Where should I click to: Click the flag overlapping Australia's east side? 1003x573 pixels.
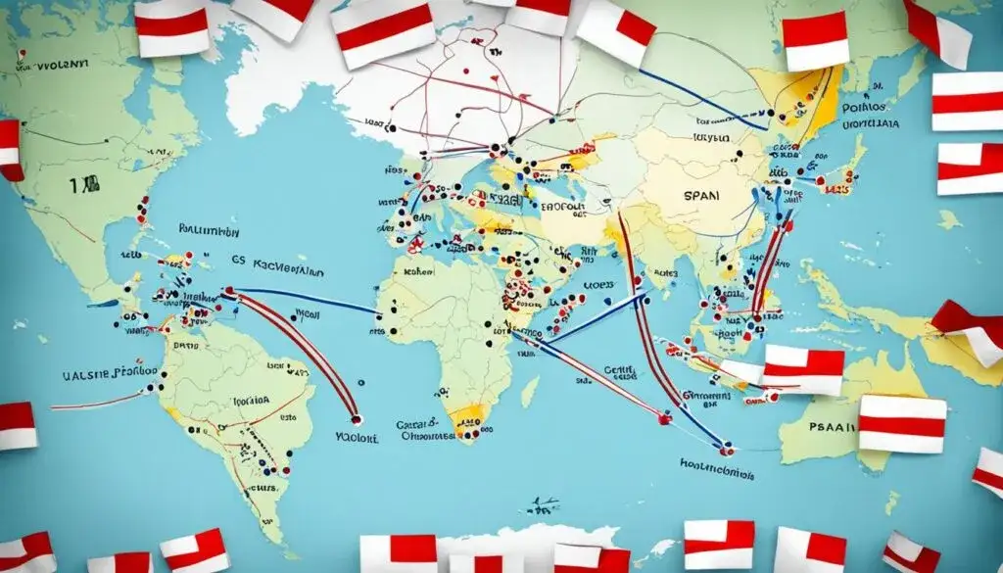[902, 423]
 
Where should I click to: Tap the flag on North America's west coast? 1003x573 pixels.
[11, 148]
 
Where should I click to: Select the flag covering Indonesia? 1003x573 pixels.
[803, 368]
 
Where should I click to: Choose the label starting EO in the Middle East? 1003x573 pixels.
[560, 208]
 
